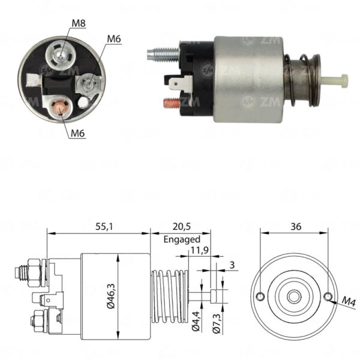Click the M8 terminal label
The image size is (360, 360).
pyautogui.click(x=79, y=23)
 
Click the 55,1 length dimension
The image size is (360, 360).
pyautogui.click(x=104, y=227)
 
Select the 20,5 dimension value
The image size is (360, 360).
pyautogui.click(x=182, y=227)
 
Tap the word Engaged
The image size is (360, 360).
pyautogui.click(x=182, y=239)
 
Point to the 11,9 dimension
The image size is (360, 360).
pyautogui.click(x=200, y=250)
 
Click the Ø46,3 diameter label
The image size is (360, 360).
pyautogui.click(x=111, y=296)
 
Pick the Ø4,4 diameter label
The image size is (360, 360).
pyautogui.click(x=196, y=321)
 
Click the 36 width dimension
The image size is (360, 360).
pyautogui.click(x=296, y=227)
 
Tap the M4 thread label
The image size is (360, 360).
pyautogui.click(x=349, y=301)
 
